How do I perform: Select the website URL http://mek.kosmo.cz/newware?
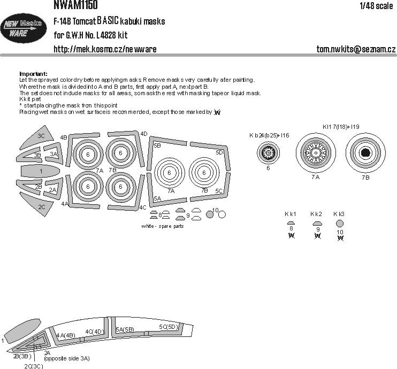(x=105, y=50)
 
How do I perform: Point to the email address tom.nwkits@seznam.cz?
(x=356, y=50)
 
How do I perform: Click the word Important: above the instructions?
(x=33, y=74)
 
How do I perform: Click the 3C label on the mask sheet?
(x=41, y=136)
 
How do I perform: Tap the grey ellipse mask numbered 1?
(x=41, y=171)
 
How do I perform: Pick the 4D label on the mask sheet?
(x=143, y=134)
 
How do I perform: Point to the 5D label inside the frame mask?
(x=219, y=152)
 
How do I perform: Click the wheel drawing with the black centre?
(x=365, y=153)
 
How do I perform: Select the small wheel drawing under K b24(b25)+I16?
(x=268, y=154)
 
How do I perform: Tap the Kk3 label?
(x=339, y=214)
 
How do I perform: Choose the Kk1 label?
(x=292, y=214)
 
